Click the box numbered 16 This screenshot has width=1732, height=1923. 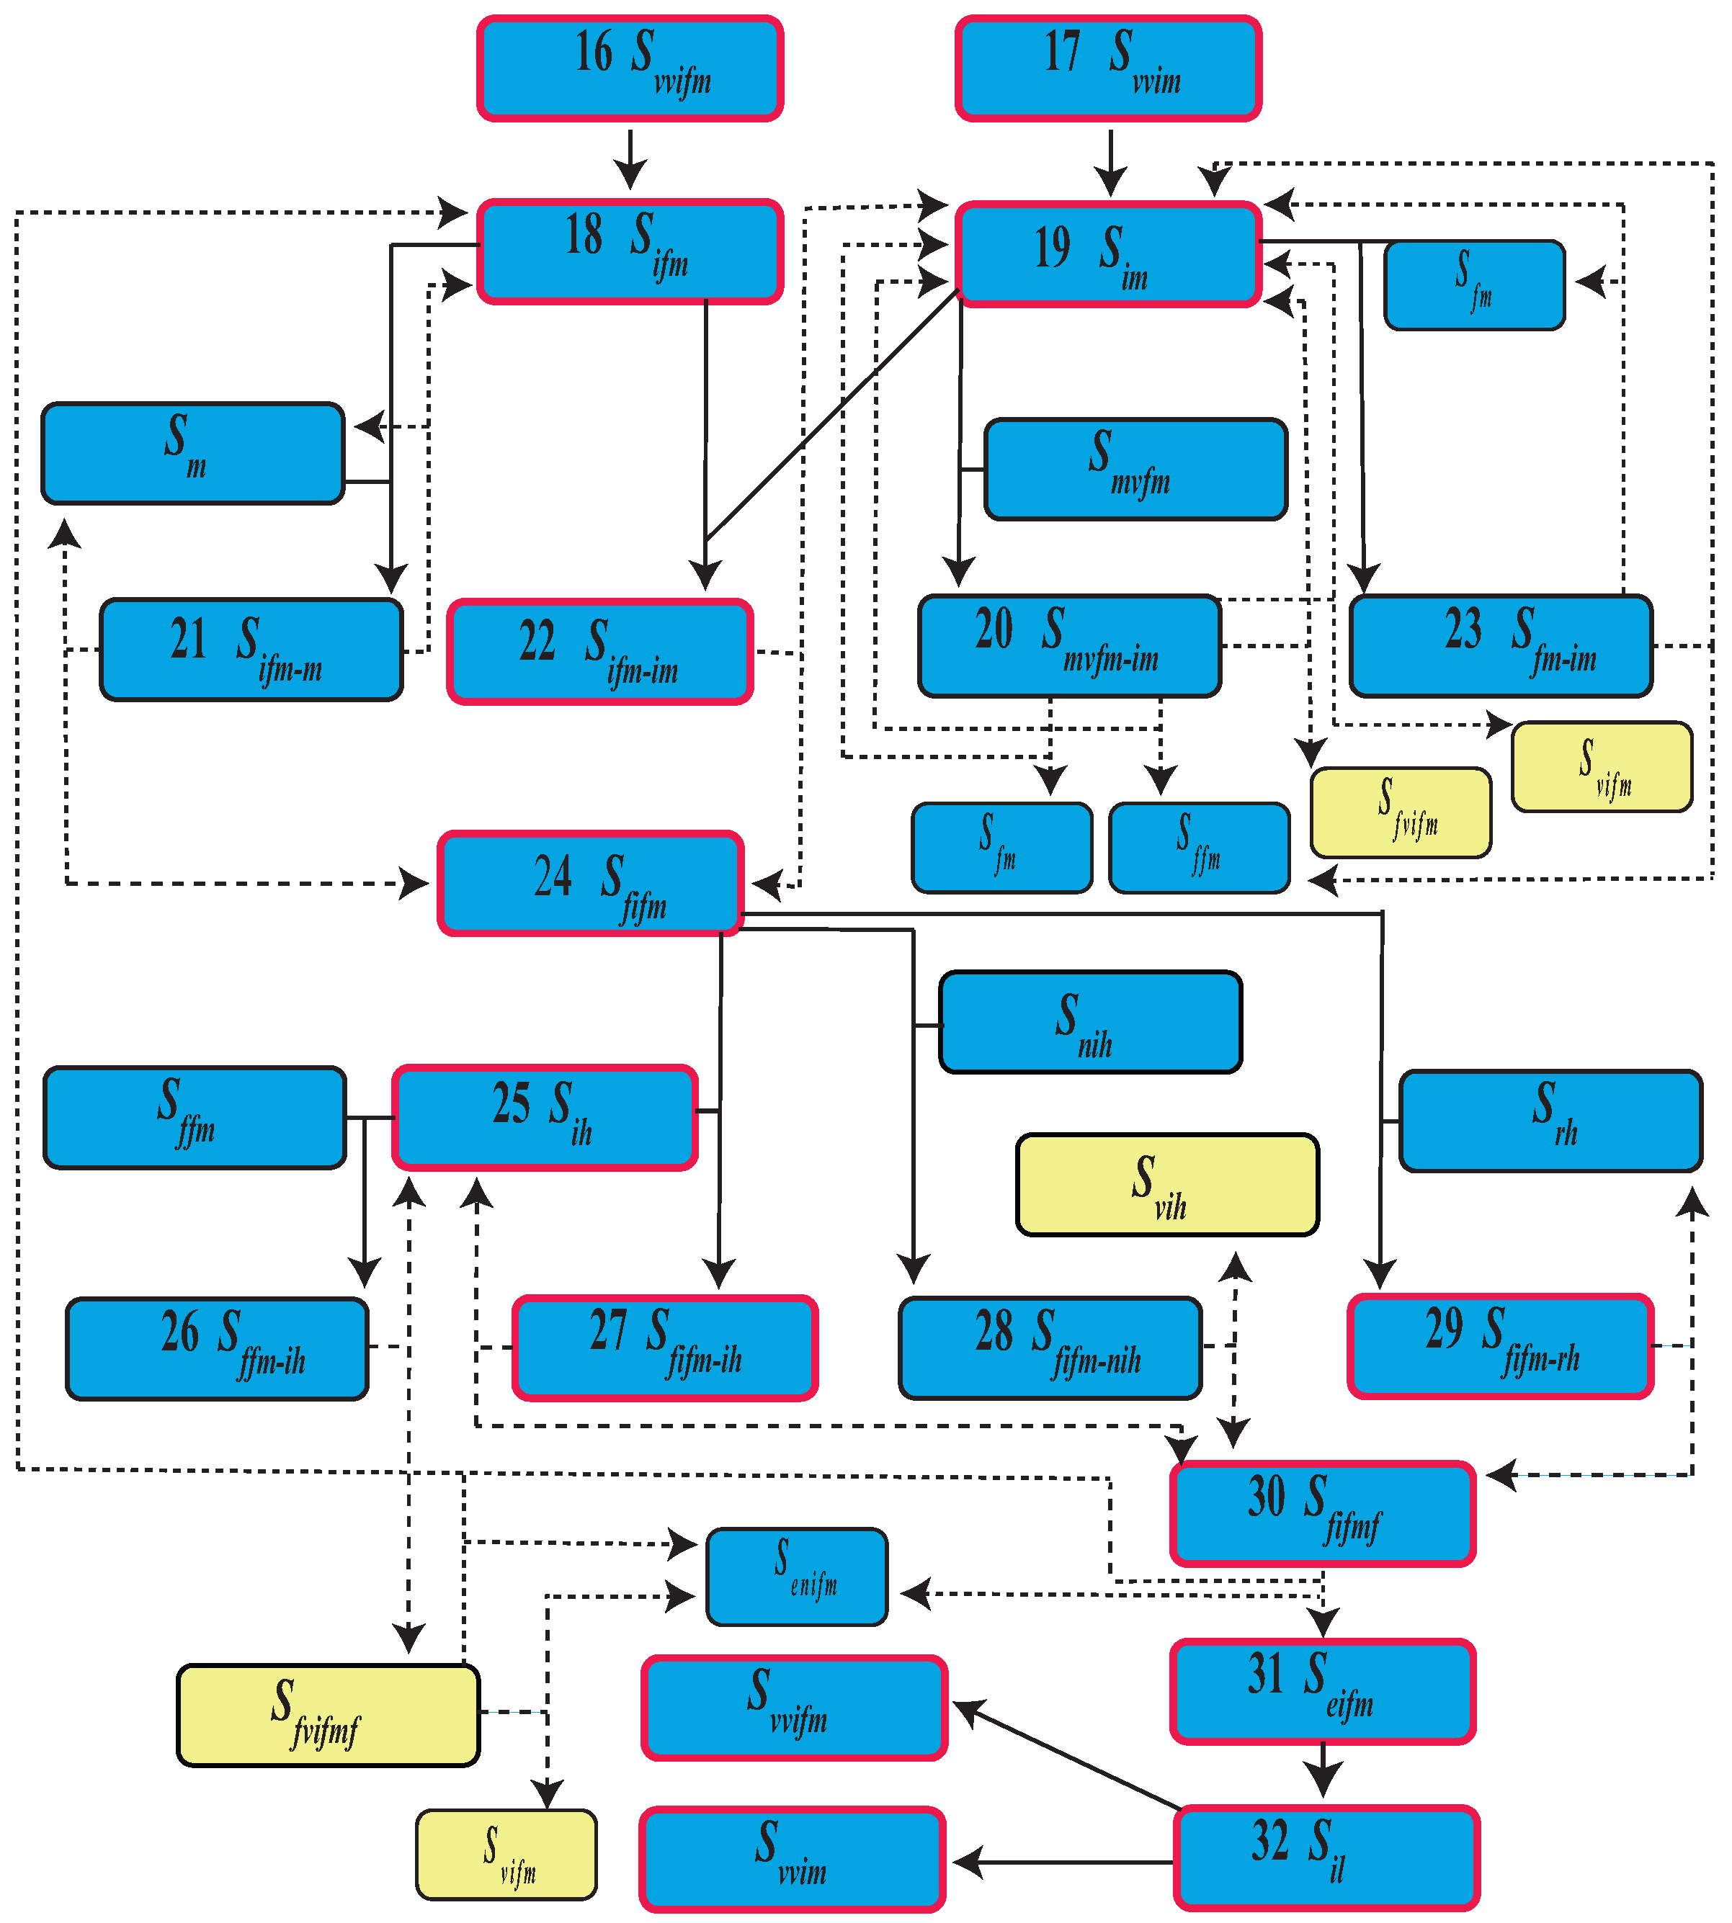(x=630, y=68)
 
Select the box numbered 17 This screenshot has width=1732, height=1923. (x=1109, y=68)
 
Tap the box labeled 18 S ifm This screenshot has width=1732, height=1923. (x=630, y=252)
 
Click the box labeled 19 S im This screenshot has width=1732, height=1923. (x=1109, y=254)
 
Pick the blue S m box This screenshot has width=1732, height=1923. (x=193, y=453)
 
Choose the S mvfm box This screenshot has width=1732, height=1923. (x=1135, y=469)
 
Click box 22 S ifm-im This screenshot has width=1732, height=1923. (x=600, y=652)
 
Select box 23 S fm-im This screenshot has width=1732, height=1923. (x=1501, y=646)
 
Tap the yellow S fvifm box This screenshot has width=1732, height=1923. (x=1401, y=812)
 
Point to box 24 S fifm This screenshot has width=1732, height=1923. (x=590, y=883)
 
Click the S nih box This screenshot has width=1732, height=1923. (x=1091, y=1022)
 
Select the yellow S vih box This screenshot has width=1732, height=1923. (x=1168, y=1185)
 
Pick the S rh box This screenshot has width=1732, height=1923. (x=1550, y=1121)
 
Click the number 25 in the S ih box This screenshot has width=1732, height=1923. (x=511, y=1104)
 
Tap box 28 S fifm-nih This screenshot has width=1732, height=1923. (x=1050, y=1348)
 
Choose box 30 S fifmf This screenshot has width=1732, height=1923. (x=1323, y=1514)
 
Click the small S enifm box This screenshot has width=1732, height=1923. (x=798, y=1577)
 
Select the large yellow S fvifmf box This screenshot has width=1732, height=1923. (x=329, y=1716)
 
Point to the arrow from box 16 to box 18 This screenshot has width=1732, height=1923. (x=630, y=160)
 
